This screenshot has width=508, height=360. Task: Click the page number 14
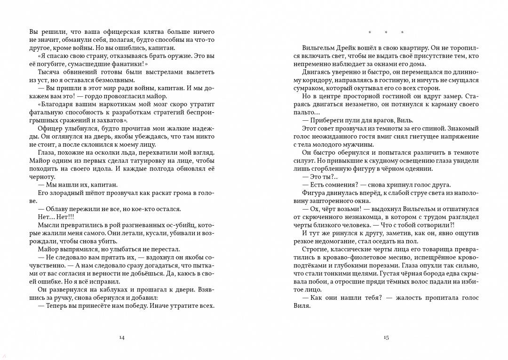pyautogui.click(x=122, y=337)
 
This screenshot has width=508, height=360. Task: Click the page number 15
pyautogui.click(x=386, y=337)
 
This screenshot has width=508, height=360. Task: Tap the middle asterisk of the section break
pyautogui.click(x=386, y=32)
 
